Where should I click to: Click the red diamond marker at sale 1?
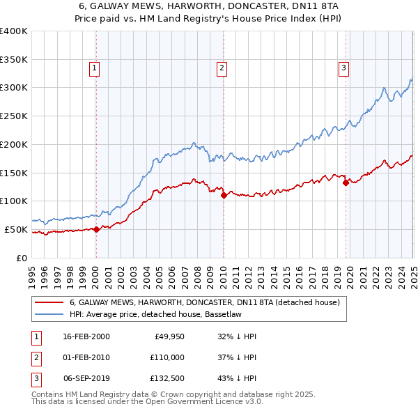coord(97,229)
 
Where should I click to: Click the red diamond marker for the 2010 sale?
coord(224,196)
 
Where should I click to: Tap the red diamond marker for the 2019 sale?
coord(346,183)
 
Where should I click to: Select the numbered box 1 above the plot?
coord(94,68)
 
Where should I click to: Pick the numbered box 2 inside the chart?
coord(221,68)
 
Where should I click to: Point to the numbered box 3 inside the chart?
coord(343,68)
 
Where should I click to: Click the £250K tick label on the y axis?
coord(14,116)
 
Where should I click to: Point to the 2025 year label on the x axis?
coord(413,271)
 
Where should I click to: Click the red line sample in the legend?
coord(49,303)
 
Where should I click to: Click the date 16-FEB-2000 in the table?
coord(86,336)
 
